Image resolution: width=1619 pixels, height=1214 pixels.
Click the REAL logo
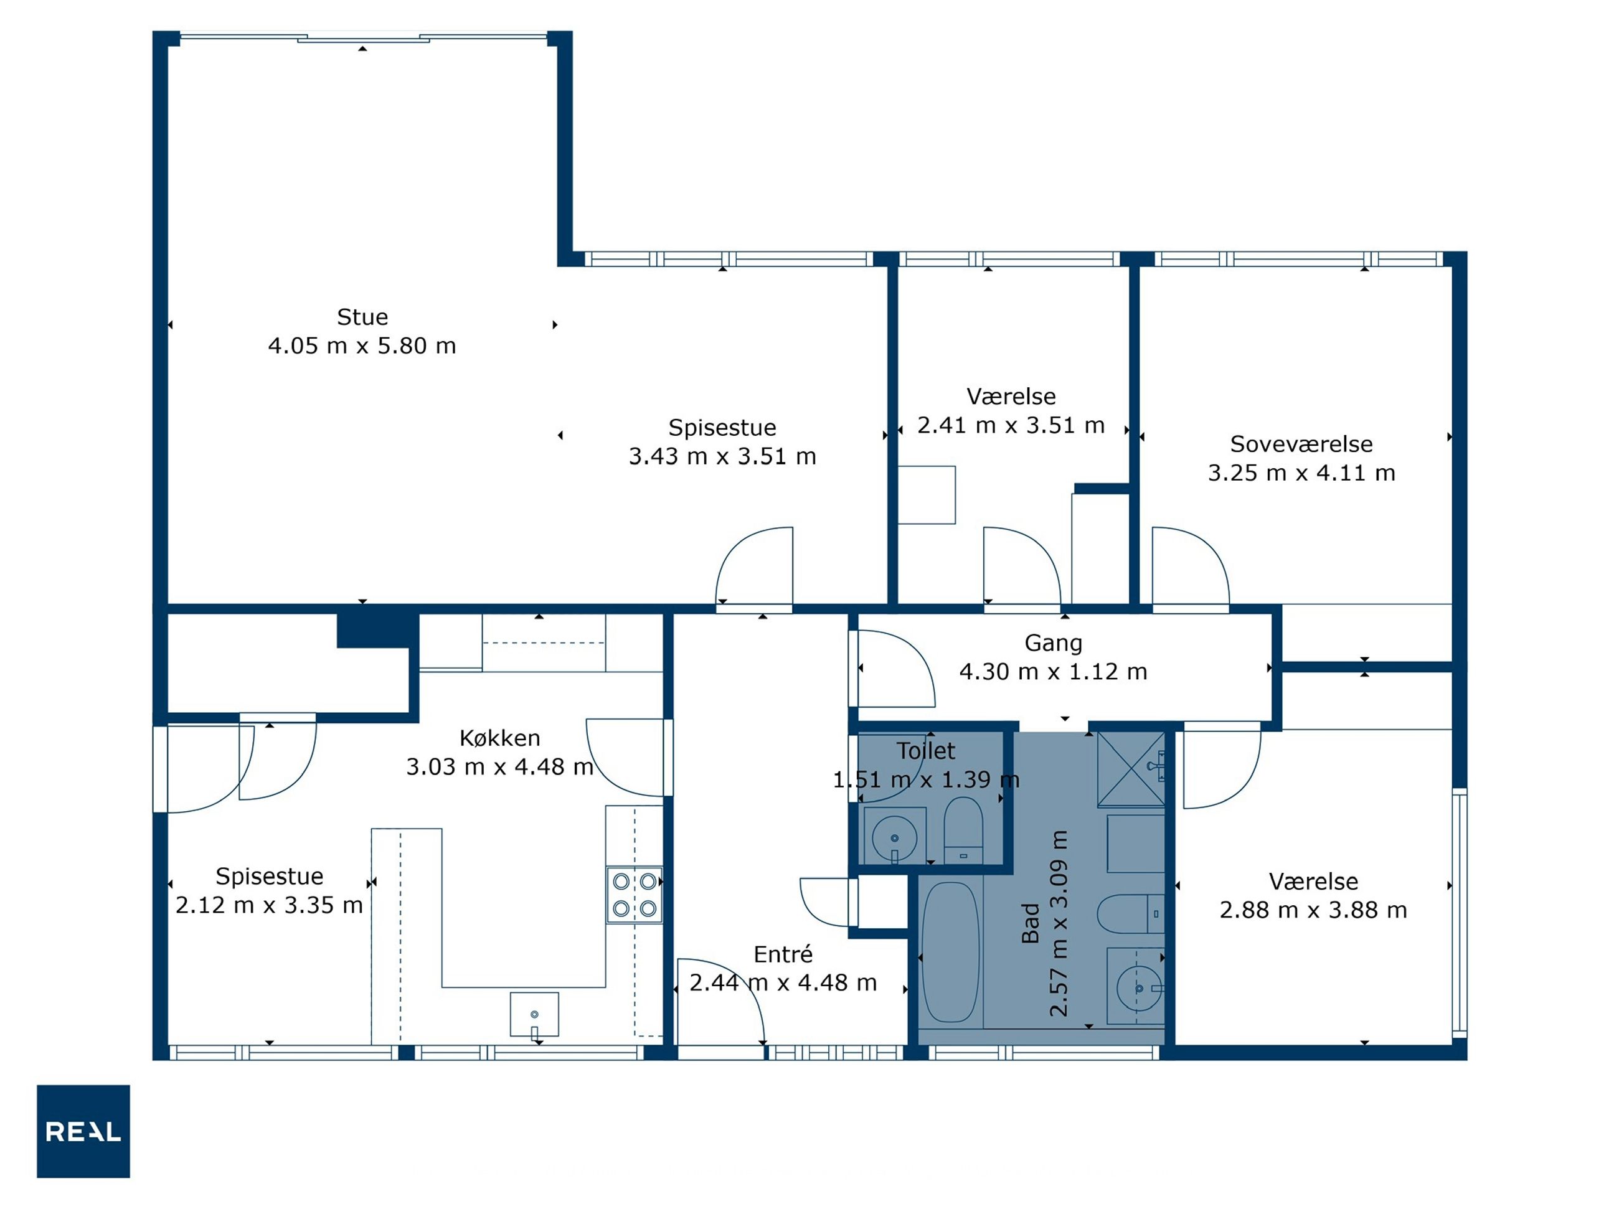click(83, 1131)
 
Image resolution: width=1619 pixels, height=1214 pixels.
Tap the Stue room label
click(362, 317)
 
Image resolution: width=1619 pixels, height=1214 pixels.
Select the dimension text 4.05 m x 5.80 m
click(362, 346)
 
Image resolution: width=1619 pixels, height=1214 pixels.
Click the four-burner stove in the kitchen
click(635, 894)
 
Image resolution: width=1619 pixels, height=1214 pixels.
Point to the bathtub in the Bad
click(950, 952)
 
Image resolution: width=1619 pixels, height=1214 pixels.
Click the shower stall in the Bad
click(1131, 769)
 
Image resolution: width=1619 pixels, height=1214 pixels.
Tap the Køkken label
click(500, 738)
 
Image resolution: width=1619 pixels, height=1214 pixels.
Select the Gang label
click(1053, 642)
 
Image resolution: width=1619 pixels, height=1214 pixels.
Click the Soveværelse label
click(1301, 443)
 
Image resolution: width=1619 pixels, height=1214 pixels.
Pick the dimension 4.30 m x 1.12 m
click(1053, 671)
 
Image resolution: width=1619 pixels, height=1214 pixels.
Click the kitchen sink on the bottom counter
click(534, 1014)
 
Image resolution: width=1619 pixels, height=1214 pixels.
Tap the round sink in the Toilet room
click(894, 838)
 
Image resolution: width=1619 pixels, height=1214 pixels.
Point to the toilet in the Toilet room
click(963, 831)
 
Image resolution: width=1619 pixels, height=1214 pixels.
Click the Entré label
click(783, 954)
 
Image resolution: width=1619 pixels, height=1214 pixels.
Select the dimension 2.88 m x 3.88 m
click(1313, 910)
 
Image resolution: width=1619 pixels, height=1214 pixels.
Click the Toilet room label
click(926, 751)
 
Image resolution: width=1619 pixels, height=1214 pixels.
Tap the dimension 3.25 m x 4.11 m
click(1301, 473)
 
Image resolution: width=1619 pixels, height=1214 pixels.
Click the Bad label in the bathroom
click(1031, 923)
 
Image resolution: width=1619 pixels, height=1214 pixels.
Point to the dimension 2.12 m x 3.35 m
click(270, 905)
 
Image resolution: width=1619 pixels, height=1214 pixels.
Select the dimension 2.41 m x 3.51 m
click(1011, 425)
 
